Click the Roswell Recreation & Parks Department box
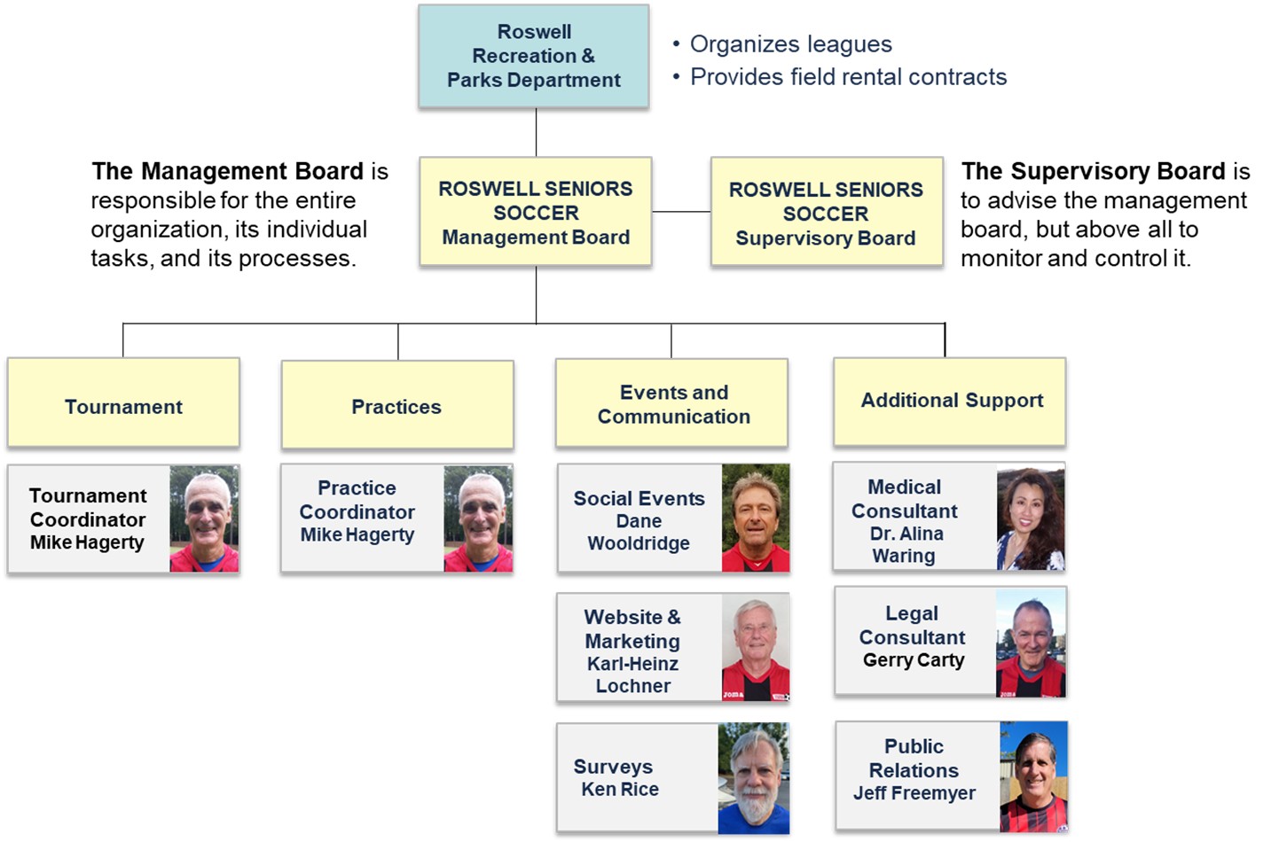point(534,57)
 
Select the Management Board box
point(536,213)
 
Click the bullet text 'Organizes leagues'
point(790,44)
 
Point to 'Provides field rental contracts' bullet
point(848,77)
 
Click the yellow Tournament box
point(123,403)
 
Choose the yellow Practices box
point(396,405)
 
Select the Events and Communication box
point(672,403)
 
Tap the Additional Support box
point(950,402)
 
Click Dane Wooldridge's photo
point(755,518)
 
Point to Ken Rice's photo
point(753,779)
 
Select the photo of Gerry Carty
point(1031,643)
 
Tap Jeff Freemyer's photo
point(1033,777)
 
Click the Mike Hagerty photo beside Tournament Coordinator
point(204,519)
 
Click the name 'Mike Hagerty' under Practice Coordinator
point(357,535)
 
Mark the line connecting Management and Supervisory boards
point(681,212)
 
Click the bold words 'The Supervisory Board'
point(1093,171)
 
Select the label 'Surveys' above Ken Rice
point(613,767)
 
